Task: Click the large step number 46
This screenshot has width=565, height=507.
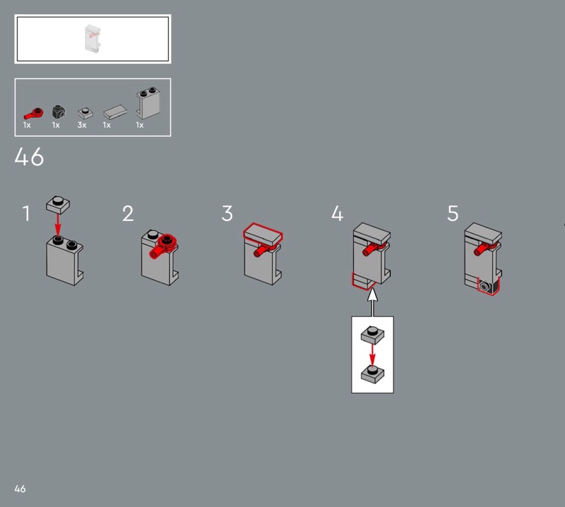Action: [29, 157]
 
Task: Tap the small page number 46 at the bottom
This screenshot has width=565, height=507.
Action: [20, 489]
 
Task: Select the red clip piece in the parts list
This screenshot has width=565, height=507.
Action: [33, 113]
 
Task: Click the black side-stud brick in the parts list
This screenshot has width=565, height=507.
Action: [59, 112]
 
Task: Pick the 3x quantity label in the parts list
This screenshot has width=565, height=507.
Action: [82, 125]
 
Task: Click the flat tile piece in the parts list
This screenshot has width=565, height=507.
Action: [115, 112]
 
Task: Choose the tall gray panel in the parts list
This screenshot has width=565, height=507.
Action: [148, 103]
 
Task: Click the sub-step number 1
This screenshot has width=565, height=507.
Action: [26, 213]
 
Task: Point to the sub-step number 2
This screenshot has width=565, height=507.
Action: [128, 213]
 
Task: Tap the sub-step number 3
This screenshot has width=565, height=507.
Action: [227, 213]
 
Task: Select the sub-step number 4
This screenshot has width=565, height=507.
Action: [338, 213]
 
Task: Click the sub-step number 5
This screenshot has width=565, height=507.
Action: [453, 213]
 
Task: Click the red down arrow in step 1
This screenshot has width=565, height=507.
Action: [58, 225]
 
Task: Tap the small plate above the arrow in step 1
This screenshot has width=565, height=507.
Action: [58, 205]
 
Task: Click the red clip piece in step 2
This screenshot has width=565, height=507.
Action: [163, 246]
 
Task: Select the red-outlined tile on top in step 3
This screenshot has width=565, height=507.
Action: [263, 235]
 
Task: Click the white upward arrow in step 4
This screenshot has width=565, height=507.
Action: [373, 302]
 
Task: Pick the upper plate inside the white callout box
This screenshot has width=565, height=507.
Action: [373, 335]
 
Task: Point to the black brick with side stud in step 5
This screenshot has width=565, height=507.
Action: [489, 286]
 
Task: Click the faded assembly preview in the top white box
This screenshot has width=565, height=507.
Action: [93, 39]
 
